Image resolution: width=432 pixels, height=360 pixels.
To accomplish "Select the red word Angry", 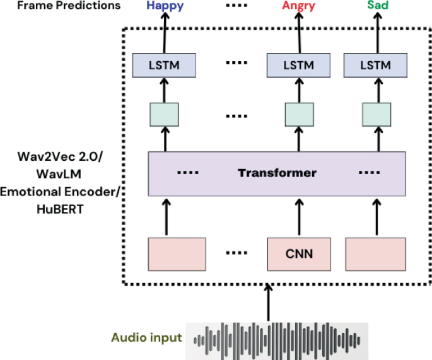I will [x=299, y=6].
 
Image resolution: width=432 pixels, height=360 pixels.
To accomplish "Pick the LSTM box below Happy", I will [x=165, y=65].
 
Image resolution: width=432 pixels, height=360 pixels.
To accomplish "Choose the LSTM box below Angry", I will [x=299, y=65].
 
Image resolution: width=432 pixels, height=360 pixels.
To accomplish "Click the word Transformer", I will [x=277, y=172].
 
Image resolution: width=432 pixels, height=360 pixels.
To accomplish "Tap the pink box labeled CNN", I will [x=299, y=255].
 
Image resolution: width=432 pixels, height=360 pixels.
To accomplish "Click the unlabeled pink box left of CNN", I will [x=177, y=255].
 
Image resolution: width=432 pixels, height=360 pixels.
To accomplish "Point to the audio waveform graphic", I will [x=279, y=338].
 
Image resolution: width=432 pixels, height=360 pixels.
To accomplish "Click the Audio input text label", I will [x=147, y=337].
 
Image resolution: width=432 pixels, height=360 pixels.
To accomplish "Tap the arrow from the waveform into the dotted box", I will [x=270, y=302].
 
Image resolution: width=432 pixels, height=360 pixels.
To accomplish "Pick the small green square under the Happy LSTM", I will [x=165, y=115].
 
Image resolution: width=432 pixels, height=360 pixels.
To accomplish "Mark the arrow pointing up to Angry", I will [x=299, y=32].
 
